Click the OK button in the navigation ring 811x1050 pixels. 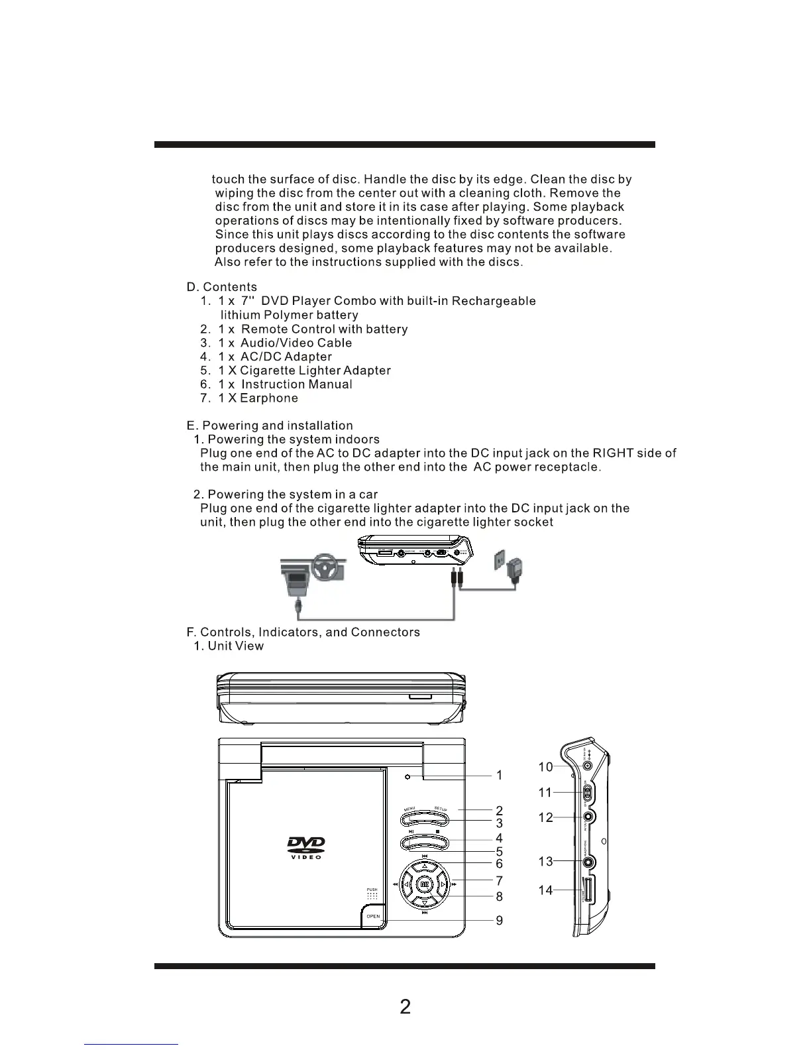[x=424, y=884]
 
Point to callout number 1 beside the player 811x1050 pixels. [x=499, y=775]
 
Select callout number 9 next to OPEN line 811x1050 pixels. [x=499, y=920]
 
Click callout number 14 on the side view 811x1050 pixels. [x=545, y=890]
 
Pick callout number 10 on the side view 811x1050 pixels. [x=545, y=767]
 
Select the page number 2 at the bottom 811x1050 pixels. [x=405, y=1007]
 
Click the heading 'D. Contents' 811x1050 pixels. [x=222, y=287]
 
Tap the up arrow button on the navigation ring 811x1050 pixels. [x=424, y=866]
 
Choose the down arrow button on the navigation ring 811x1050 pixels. [x=424, y=902]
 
